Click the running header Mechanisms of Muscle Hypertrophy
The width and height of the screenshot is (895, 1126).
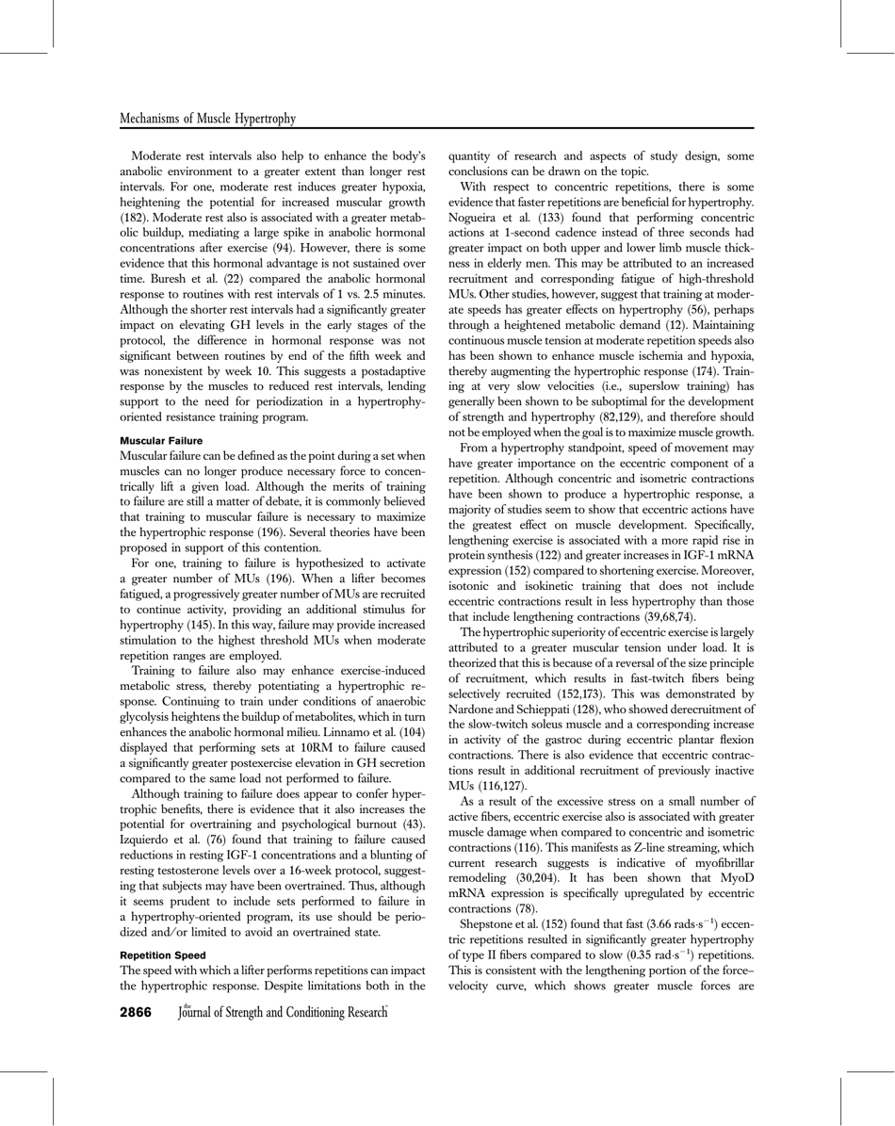(208, 119)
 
